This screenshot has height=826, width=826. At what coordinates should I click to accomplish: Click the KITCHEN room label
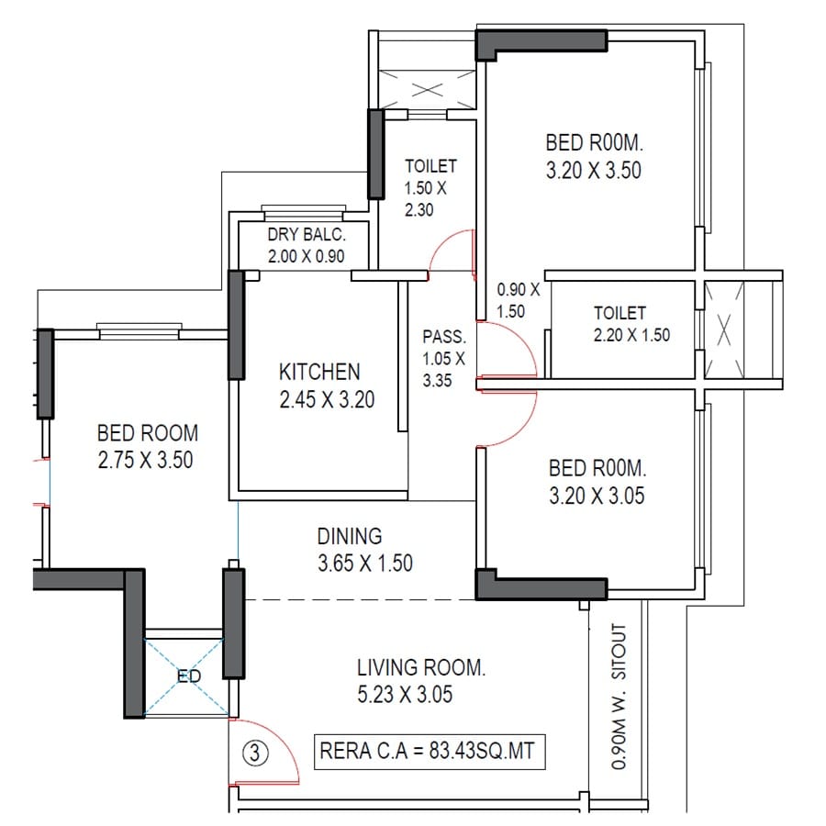(319, 372)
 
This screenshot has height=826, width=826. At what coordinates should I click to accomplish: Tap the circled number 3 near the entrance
(256, 753)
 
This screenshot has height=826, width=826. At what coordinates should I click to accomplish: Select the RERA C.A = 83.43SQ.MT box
(430, 753)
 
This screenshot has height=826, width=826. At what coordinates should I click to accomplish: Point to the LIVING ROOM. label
(421, 667)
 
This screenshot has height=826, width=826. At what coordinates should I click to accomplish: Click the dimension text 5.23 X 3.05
(406, 695)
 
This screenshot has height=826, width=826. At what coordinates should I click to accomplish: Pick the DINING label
(349, 536)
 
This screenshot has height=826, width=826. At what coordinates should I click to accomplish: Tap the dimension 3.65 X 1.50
(364, 563)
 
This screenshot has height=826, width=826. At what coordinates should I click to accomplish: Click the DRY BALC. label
(307, 236)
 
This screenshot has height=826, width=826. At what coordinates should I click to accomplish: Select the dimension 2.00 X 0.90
(307, 257)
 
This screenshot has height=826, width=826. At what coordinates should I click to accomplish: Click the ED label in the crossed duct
(189, 677)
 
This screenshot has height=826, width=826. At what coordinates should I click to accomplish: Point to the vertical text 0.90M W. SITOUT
(620, 698)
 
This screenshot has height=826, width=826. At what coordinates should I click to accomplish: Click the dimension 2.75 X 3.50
(146, 460)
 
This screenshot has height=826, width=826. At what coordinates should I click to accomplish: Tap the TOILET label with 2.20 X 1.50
(619, 314)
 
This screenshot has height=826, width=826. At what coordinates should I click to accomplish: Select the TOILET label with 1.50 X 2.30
(430, 167)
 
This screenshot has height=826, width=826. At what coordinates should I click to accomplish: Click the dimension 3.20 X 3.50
(593, 170)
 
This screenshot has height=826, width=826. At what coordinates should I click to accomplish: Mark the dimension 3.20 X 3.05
(597, 497)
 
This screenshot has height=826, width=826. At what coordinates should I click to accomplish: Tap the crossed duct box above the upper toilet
(426, 90)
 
